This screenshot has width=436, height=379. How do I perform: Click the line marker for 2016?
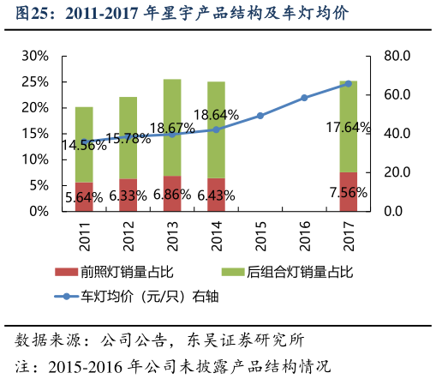pos(304,98)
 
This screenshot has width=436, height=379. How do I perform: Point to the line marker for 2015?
pos(260,115)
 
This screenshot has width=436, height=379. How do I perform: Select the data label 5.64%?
pos(84,196)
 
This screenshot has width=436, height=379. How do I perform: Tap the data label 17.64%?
pos(349,128)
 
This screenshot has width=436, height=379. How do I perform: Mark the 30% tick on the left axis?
pos(34,56)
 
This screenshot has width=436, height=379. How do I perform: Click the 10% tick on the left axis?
pos(34,159)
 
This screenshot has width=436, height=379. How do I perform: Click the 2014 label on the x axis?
pos(217,237)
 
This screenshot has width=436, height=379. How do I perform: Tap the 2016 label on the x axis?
pos(304,237)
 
